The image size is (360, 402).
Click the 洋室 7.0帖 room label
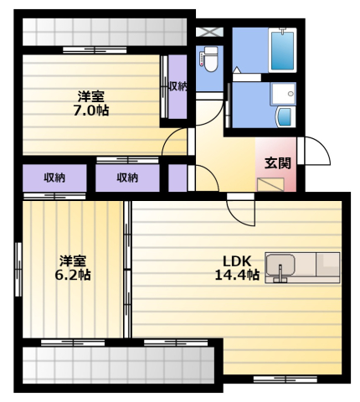(91, 104)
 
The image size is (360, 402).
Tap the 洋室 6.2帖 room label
(72, 268)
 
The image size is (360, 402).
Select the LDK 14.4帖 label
(237, 268)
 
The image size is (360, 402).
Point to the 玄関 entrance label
(278, 163)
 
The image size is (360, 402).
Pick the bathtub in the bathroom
(282, 50)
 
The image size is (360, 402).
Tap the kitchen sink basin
(280, 265)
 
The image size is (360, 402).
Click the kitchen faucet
(280, 275)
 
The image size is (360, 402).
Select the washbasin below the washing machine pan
(285, 117)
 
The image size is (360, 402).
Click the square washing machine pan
(283, 94)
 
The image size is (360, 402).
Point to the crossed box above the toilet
(209, 32)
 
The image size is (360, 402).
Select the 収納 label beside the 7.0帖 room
(177, 87)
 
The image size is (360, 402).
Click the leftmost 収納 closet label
(54, 178)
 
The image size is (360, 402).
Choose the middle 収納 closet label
(127, 178)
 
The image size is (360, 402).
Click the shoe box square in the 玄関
(270, 184)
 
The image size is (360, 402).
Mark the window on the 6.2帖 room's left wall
(18, 270)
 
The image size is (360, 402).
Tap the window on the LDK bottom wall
(285, 379)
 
